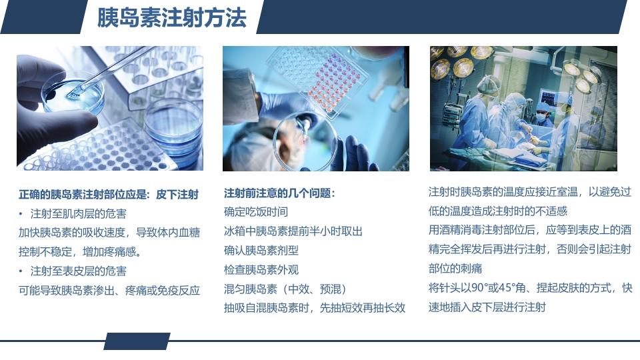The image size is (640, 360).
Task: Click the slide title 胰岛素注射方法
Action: pyautogui.click(x=171, y=17)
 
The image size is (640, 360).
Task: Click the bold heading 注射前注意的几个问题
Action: pyautogui.click(x=279, y=193)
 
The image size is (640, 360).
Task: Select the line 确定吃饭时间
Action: pyautogui.click(x=256, y=212)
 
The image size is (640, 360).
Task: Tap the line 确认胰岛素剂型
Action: pyautogui.click(x=261, y=251)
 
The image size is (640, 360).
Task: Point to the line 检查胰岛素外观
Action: pyautogui.click(x=261, y=270)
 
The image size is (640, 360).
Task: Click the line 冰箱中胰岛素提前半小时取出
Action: pyautogui.click(x=293, y=231)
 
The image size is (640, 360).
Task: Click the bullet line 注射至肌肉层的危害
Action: pyautogui.click(x=79, y=214)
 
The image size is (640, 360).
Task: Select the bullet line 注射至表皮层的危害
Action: pyautogui.click(x=79, y=271)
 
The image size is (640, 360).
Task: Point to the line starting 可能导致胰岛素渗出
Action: pyautogui.click(x=109, y=291)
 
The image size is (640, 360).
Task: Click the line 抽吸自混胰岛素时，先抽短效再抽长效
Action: pyautogui.click(x=315, y=308)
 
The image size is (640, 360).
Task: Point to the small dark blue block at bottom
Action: pyautogui.click(x=137, y=341)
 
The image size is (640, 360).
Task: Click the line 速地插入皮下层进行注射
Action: pyautogui.click(x=487, y=307)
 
